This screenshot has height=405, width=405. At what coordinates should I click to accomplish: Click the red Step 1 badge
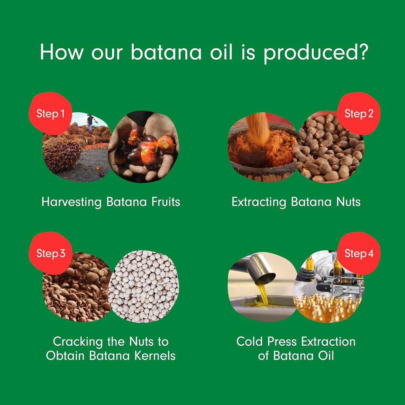coord(50,114)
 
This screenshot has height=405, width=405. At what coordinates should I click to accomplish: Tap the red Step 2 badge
coord(358,114)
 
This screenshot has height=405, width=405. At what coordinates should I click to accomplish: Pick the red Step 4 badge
coord(358,253)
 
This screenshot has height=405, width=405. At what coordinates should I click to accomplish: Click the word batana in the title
coord(166,53)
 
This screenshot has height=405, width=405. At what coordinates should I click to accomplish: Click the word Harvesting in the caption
coord(72,202)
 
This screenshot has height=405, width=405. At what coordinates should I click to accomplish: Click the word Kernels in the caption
coord(153,356)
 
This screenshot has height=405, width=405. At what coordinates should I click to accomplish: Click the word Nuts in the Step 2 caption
coord(348,202)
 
